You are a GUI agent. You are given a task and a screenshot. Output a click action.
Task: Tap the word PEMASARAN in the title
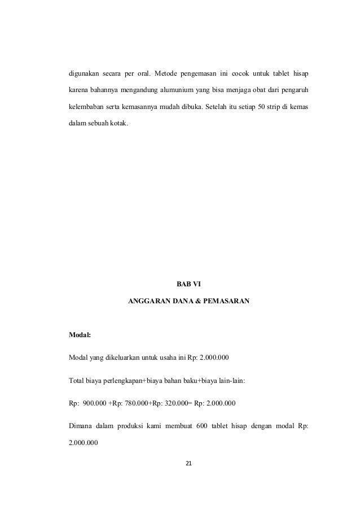click(226, 302)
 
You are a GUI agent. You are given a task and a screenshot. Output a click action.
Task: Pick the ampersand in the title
click(192, 302)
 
